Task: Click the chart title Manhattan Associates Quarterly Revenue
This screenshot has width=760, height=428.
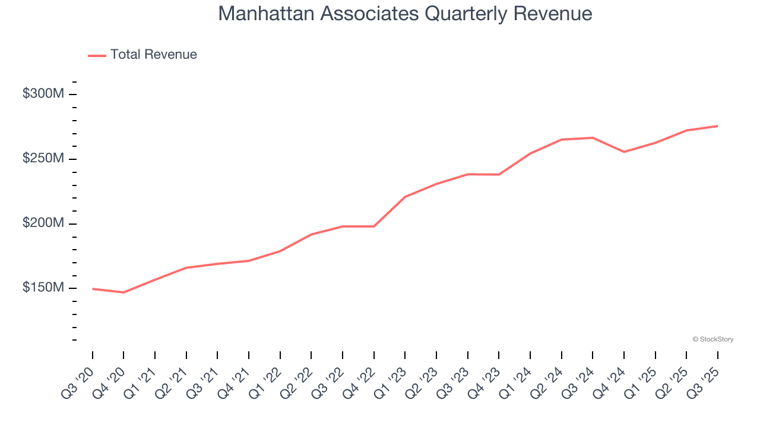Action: click(x=405, y=14)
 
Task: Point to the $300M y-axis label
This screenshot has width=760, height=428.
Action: click(x=43, y=94)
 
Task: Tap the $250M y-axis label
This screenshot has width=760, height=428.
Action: click(x=43, y=159)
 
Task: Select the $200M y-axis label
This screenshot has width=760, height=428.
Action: click(x=43, y=224)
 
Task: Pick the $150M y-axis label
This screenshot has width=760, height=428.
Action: click(x=43, y=288)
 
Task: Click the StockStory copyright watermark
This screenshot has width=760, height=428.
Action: click(x=712, y=339)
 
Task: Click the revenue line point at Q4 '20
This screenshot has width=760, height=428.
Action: click(x=123, y=292)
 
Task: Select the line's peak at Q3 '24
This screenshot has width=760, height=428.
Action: click(x=593, y=138)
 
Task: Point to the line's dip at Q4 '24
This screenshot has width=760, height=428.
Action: click(x=624, y=152)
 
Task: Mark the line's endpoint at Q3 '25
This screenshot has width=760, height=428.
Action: click(x=717, y=126)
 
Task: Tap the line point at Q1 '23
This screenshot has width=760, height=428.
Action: click(x=405, y=197)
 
